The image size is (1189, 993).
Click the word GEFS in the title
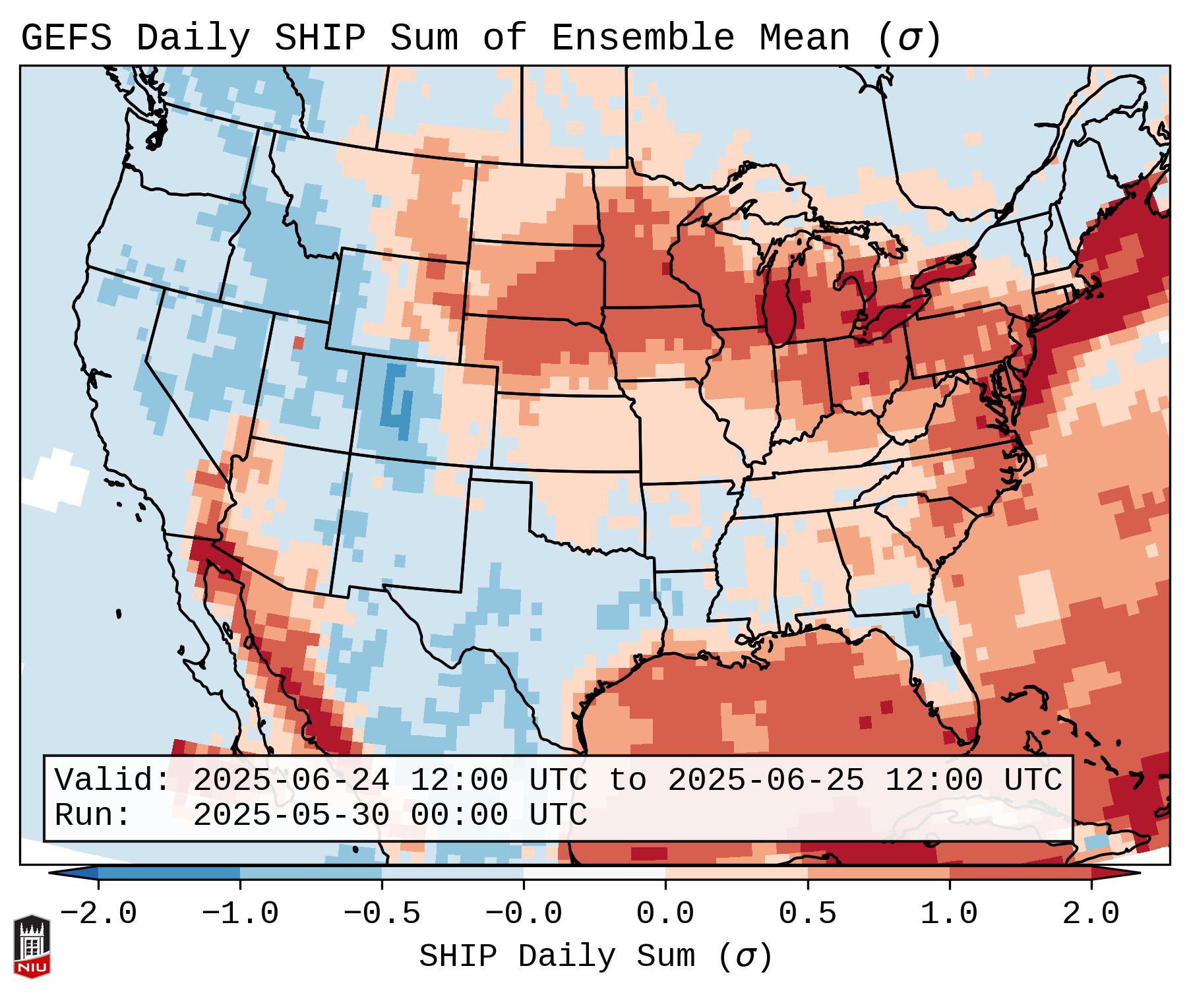pos(66,38)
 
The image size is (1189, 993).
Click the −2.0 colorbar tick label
pos(98,914)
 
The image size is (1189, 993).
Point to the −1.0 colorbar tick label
pos(240,914)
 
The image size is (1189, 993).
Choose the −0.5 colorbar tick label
pos(382,914)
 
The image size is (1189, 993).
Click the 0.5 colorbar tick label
pos(807,914)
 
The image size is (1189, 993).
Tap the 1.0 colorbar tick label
pos(949,914)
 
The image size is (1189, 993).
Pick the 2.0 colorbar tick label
pos(1091,914)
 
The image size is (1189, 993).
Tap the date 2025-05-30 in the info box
pos(291,815)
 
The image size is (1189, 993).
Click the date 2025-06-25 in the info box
pos(766,780)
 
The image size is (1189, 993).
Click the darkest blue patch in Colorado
pos(397,402)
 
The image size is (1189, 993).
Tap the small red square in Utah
pos(298,342)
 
